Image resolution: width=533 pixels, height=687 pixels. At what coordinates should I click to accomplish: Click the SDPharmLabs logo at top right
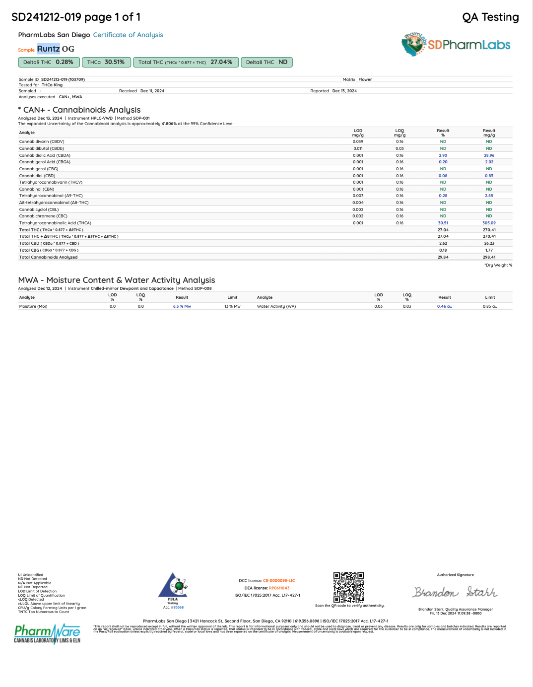[x=456, y=44]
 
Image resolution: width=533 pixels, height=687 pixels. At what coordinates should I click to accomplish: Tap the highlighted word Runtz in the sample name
[x=48, y=49]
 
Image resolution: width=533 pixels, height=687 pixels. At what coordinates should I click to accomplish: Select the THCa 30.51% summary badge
[x=106, y=62]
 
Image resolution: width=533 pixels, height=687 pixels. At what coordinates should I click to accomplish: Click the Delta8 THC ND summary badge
[x=266, y=62]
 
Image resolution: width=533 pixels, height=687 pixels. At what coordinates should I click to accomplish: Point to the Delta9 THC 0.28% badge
[x=48, y=62]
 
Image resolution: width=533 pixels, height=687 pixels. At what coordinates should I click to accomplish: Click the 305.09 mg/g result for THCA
[x=489, y=223]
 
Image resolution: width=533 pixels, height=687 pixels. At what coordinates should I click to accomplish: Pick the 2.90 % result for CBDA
[x=443, y=155]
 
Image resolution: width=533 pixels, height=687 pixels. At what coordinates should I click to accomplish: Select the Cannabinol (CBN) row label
[x=37, y=189]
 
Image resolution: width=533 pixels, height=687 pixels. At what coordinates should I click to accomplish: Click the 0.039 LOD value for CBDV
[x=358, y=141]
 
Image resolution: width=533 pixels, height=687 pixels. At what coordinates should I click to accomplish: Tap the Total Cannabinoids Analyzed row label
[x=48, y=257]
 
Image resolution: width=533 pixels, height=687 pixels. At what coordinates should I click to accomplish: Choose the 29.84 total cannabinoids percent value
[x=443, y=257]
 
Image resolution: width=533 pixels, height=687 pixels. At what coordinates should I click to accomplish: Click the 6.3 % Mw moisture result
[x=182, y=306]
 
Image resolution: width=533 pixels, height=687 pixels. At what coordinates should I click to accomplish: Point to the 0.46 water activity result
[x=444, y=306]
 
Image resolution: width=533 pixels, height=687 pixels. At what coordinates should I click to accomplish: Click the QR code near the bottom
[x=348, y=587]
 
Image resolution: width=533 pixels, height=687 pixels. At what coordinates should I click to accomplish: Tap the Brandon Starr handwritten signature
[x=455, y=592]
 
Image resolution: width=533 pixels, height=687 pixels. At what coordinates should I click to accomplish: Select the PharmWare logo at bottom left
[x=47, y=633]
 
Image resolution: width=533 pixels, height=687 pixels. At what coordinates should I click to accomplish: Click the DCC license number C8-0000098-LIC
[x=279, y=580]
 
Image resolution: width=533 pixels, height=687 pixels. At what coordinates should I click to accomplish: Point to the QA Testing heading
[x=490, y=17]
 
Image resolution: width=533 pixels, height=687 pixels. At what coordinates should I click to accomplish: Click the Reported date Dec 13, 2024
[x=344, y=91]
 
